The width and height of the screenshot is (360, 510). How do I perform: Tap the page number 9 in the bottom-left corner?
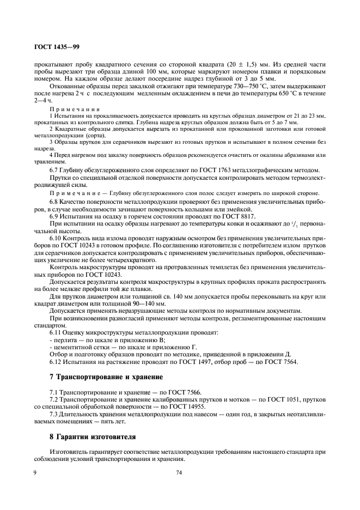coord(35,473)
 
